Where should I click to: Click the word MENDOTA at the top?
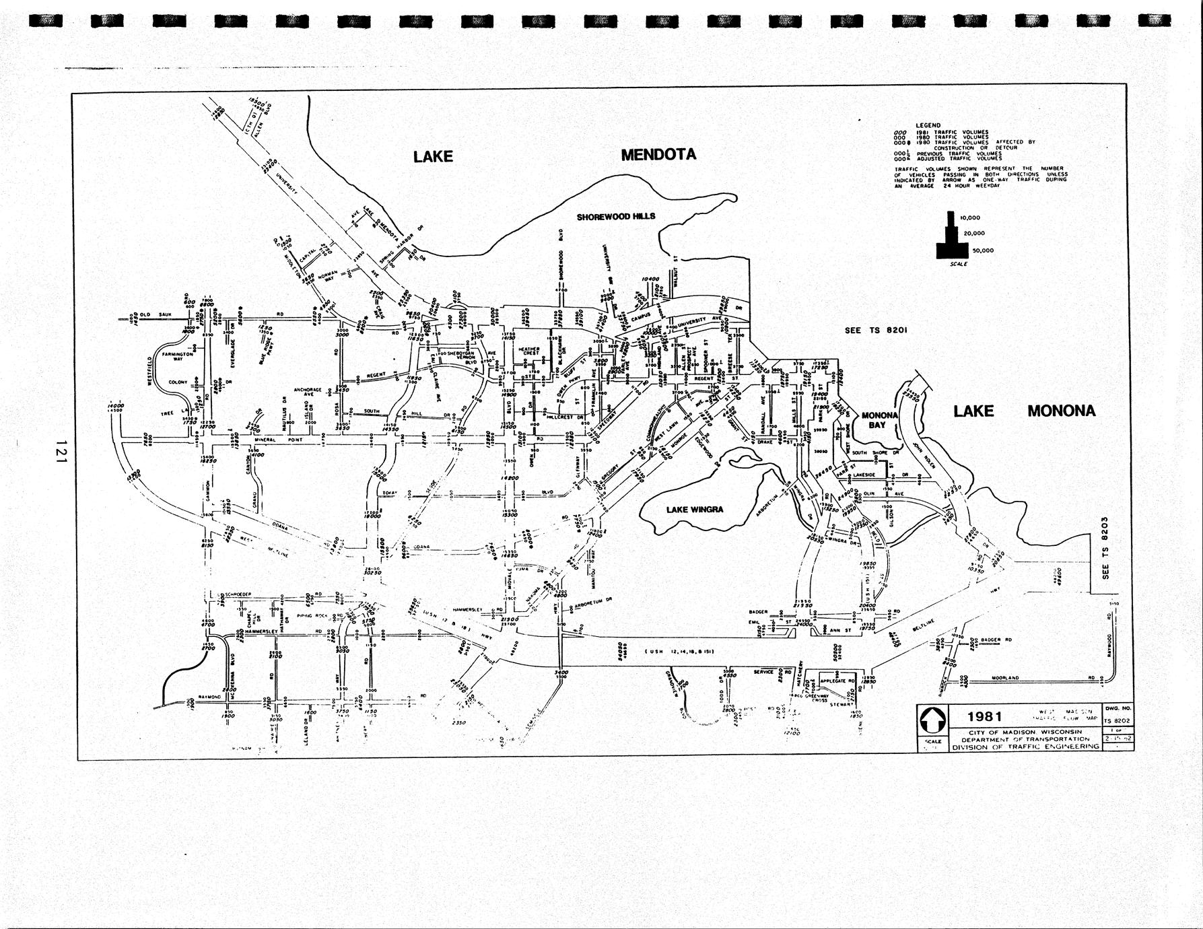click(x=658, y=155)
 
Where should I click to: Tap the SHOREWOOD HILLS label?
click(x=615, y=217)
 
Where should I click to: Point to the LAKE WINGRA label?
click(x=695, y=510)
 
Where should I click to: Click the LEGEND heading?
click(x=928, y=125)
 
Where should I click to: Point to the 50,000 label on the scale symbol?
click(x=981, y=250)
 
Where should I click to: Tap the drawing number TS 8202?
click(x=1117, y=721)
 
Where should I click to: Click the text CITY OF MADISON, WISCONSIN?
click(x=1025, y=732)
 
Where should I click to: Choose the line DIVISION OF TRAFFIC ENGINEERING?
click(x=1025, y=747)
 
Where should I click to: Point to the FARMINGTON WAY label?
click(x=177, y=356)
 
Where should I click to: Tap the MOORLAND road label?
click(x=1005, y=678)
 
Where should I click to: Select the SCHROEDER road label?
click(x=238, y=594)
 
